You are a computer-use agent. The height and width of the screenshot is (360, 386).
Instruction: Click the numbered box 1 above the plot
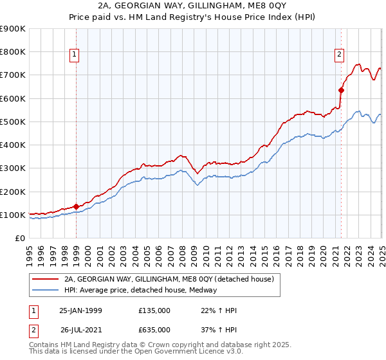75,55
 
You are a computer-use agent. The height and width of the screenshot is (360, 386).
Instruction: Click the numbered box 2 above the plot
338,55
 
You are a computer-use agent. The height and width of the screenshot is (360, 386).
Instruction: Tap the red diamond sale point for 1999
76,206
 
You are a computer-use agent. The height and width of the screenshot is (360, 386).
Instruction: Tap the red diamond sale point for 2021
341,90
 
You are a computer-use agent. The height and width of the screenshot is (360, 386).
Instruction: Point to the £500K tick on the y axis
13,122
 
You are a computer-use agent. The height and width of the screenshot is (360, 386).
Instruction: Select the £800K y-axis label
13,51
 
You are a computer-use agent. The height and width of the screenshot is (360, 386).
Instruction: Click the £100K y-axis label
13,215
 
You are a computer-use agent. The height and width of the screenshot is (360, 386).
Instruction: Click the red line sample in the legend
44,279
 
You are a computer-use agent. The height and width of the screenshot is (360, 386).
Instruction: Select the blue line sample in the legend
44,290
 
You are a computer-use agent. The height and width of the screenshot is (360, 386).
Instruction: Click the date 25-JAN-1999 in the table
80,310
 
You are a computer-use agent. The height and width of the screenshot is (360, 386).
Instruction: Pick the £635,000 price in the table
154,330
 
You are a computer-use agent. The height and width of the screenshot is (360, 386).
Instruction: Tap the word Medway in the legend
203,290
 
